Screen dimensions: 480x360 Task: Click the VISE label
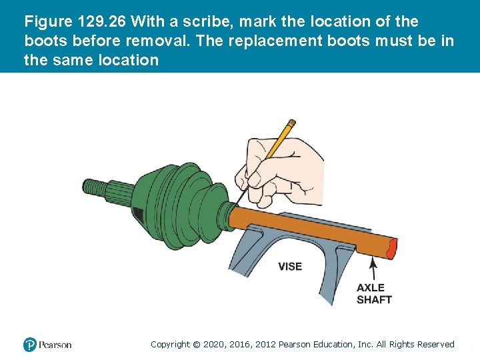click(290, 266)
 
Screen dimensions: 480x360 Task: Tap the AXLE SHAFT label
click(374, 293)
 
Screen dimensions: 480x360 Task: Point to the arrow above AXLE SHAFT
click(373, 269)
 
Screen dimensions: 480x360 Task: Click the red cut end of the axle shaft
click(392, 248)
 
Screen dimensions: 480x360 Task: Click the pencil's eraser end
click(292, 123)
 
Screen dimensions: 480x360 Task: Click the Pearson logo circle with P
click(30, 345)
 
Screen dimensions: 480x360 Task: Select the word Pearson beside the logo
click(55, 345)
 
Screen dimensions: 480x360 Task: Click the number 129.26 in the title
click(101, 22)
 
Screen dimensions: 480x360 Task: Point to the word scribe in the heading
click(208, 22)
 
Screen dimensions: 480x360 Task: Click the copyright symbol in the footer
click(196, 345)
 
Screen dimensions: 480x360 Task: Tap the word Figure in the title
click(49, 22)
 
